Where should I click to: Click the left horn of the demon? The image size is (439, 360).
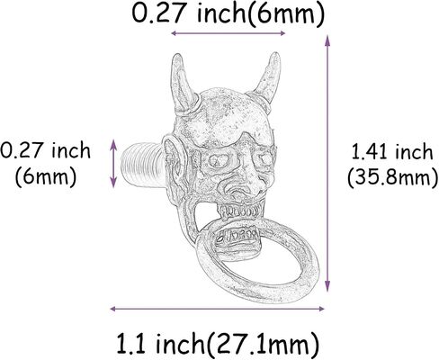click(183, 85)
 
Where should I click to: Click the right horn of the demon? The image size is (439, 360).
click(267, 80)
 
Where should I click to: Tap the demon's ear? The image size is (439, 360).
click(175, 162)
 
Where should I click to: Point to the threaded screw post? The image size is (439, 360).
click(143, 165)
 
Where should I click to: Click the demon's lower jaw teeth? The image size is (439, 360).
click(237, 237)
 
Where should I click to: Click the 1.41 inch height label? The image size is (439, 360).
click(392, 151)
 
